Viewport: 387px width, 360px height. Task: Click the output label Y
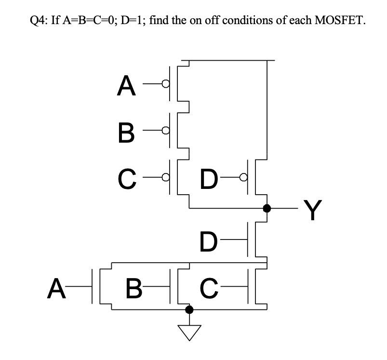point(313,210)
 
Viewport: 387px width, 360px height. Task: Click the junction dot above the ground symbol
point(189,309)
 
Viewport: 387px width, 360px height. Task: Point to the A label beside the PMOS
point(126,85)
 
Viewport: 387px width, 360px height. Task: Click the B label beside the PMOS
point(126,132)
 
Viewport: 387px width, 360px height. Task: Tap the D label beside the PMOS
point(209,179)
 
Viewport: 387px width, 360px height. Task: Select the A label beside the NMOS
point(56,289)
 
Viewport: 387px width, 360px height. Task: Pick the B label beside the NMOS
point(133,289)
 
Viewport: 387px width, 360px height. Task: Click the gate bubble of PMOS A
point(166,84)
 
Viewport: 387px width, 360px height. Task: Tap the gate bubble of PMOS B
point(166,131)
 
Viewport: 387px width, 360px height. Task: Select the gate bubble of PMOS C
point(166,177)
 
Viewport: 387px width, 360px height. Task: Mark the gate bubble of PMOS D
point(244,177)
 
